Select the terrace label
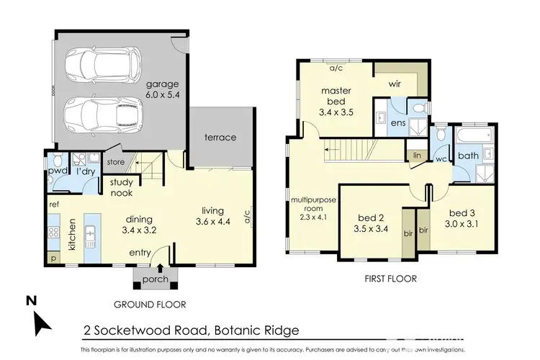(221, 137)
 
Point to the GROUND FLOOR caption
(151, 305)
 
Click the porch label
(156, 279)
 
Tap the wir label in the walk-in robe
(395, 84)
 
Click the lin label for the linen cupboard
(417, 155)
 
